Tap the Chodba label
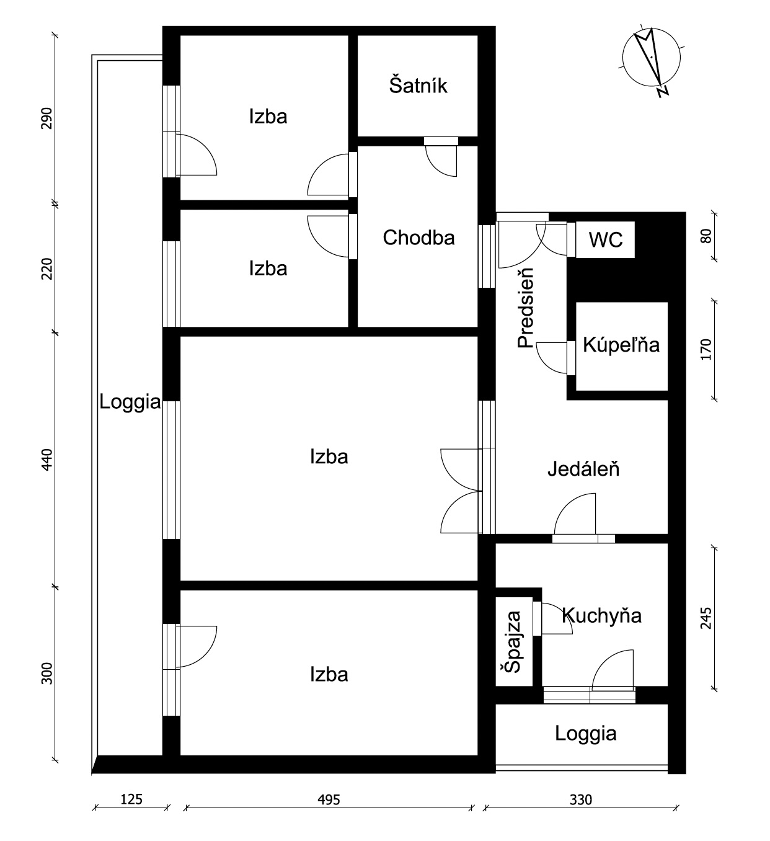(418, 238)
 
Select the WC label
(605, 240)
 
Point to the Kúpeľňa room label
(621, 345)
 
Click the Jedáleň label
(583, 468)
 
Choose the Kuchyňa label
(602, 616)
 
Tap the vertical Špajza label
(513, 642)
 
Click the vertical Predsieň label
(526, 308)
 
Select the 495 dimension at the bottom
(329, 800)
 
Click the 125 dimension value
(131, 799)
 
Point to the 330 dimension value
(580, 800)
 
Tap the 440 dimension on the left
(47, 460)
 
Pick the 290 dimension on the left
(47, 118)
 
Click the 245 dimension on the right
(706, 618)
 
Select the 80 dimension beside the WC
(706, 236)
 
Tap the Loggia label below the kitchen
(586, 733)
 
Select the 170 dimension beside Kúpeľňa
(706, 349)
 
